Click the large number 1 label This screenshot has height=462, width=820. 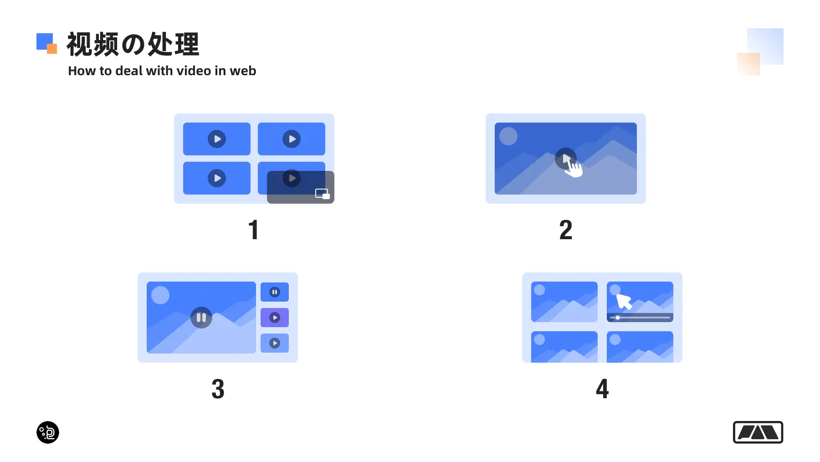click(x=254, y=230)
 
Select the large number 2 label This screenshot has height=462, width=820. click(x=566, y=230)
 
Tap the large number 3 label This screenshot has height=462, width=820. click(x=218, y=389)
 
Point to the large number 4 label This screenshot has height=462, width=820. click(x=602, y=389)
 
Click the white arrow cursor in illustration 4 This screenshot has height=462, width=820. click(x=623, y=301)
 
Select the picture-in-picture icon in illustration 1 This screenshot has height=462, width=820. click(x=323, y=194)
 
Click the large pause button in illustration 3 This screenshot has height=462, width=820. click(x=201, y=318)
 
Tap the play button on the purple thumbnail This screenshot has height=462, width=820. click(x=275, y=318)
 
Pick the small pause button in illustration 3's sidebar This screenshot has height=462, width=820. click(x=275, y=292)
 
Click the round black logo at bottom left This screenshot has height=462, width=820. click(x=48, y=432)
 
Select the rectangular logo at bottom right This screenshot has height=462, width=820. click(x=758, y=432)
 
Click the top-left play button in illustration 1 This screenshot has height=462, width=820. click(x=217, y=139)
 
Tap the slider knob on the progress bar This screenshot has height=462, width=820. click(x=618, y=318)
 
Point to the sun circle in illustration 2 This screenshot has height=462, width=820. click(x=508, y=136)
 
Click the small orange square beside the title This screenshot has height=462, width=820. click(x=52, y=49)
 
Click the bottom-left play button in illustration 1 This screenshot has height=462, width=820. click(x=217, y=178)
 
